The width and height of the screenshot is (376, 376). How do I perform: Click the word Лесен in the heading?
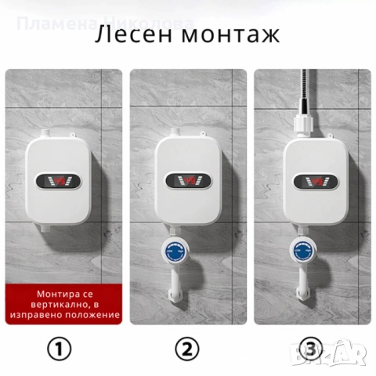click(x=135, y=36)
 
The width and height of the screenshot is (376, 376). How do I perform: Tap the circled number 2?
click(x=187, y=349)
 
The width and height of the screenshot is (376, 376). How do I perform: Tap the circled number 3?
click(x=311, y=349)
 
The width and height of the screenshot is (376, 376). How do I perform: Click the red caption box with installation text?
click(x=64, y=304)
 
